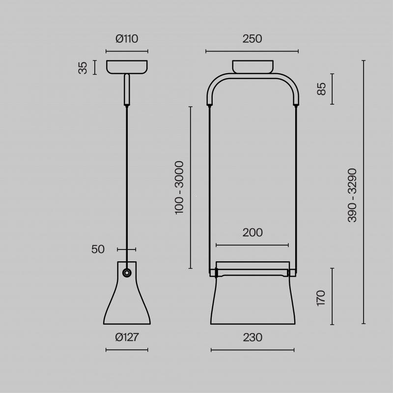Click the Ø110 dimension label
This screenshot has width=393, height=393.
pyautogui.click(x=127, y=39)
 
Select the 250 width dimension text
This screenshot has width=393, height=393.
pyautogui.click(x=252, y=39)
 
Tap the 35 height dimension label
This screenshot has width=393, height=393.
pyautogui.click(x=83, y=68)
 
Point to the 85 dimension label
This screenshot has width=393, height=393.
pyautogui.click(x=321, y=89)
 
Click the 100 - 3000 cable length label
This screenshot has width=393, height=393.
pyautogui.click(x=179, y=188)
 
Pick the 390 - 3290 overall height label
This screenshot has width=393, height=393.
pyautogui.click(x=352, y=195)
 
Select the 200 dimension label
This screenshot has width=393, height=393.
pyautogui.click(x=253, y=233)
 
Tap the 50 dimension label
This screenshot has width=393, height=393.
pyautogui.click(x=98, y=250)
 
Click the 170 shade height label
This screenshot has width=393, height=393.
pyautogui.click(x=321, y=298)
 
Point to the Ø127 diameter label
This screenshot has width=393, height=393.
pyautogui.click(x=127, y=337)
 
